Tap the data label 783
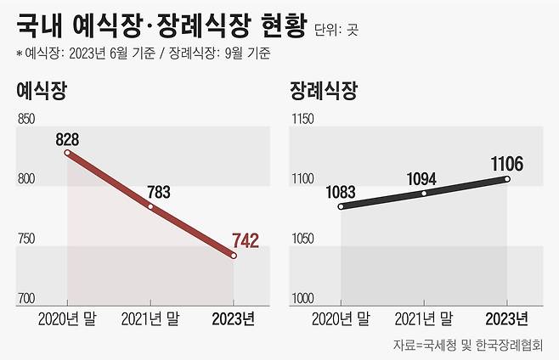(156, 192)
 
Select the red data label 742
(244, 240)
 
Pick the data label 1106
(506, 163)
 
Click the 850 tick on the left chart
(27, 120)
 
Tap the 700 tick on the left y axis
(27, 298)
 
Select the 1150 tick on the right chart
(303, 120)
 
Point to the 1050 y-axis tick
(303, 239)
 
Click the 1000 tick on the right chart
(303, 298)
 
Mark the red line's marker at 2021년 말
(150, 206)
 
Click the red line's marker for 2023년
(234, 256)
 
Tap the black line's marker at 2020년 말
(341, 206)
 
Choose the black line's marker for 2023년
(507, 178)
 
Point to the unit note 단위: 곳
(339, 30)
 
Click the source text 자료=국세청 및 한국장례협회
(471, 345)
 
